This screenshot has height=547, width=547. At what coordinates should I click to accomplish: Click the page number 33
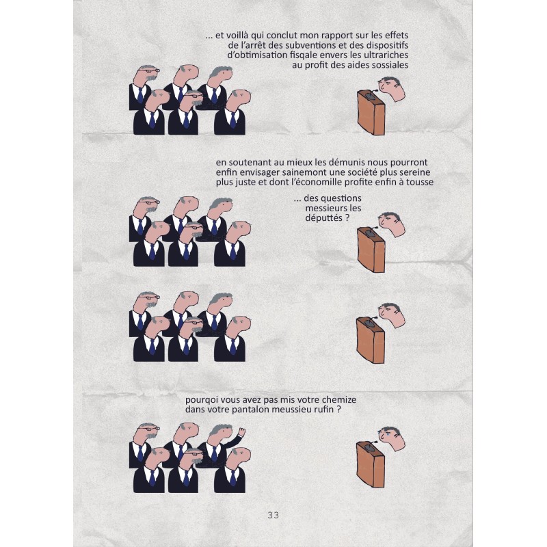(x=273, y=515)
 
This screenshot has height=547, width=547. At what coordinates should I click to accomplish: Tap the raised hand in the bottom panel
(x=241, y=432)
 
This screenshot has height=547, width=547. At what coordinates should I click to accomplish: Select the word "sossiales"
(x=389, y=65)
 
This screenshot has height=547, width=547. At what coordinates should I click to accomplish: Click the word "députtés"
(x=323, y=217)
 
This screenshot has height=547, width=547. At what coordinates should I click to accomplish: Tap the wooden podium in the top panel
(x=371, y=112)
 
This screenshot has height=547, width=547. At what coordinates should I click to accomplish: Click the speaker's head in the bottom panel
(x=392, y=438)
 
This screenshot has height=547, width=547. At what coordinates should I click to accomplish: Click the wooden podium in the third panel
(x=371, y=341)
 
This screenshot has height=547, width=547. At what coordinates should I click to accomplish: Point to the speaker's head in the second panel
(x=392, y=224)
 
